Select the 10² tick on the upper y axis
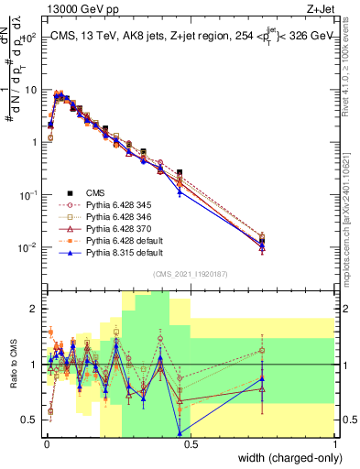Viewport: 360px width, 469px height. pyautogui.click(x=30, y=38)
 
